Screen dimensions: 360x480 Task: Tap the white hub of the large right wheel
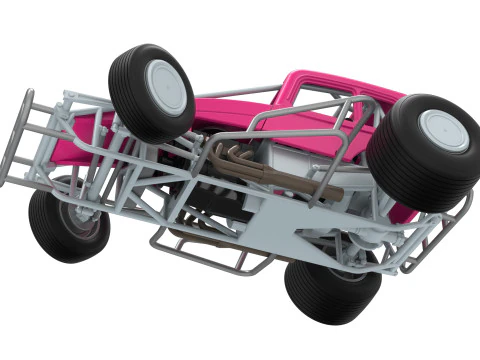coord(443,130)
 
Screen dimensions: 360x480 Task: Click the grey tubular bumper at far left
coord(20,140)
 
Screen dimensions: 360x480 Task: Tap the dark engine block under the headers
coord(215,195)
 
